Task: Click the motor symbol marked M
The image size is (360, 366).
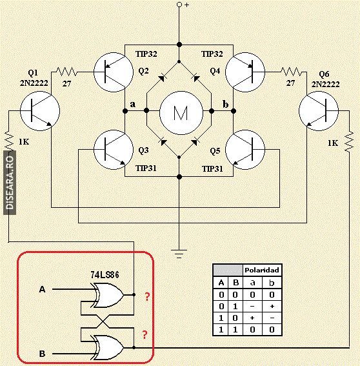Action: [x=181, y=113]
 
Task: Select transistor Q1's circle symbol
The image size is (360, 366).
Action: [x=40, y=111]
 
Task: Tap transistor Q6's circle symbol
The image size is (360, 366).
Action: [x=319, y=111]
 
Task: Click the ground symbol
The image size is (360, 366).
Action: [x=179, y=254]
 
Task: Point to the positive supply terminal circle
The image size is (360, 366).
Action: [x=179, y=5]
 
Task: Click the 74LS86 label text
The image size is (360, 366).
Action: [x=105, y=275]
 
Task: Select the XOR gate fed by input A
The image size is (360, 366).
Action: [x=108, y=295]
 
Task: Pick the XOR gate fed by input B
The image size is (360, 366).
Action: [x=108, y=347]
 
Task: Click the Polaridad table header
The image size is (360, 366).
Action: [x=262, y=270]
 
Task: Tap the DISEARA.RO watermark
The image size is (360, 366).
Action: [x=10, y=183]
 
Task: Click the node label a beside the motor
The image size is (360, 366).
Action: [x=132, y=104]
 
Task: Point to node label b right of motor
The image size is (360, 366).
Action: [x=225, y=104]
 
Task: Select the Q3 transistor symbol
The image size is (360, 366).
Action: [x=114, y=150]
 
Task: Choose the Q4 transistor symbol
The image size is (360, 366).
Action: [x=245, y=72]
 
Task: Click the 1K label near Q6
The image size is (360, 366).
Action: [x=333, y=143]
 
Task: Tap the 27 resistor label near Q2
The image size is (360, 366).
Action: [x=66, y=83]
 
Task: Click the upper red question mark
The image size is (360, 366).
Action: [x=147, y=296]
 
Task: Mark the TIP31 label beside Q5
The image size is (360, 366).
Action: [x=212, y=168]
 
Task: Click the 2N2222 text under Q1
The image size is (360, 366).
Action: [x=34, y=83]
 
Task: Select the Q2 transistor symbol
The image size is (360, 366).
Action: [x=114, y=72]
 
